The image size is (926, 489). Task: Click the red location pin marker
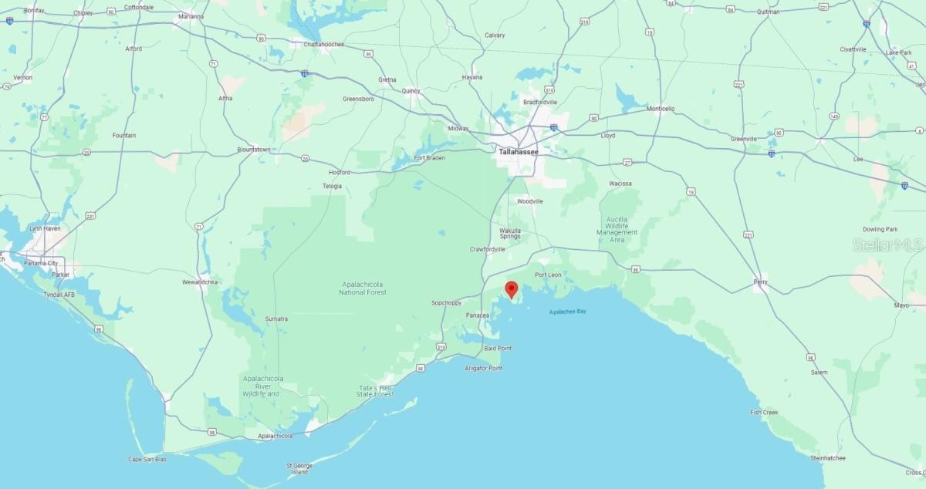pos(511,289)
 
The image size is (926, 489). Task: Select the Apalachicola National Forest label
pos(363,288)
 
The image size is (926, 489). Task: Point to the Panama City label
pos(41,263)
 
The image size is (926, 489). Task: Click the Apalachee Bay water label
pos(567,311)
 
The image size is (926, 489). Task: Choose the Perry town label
pos(761,282)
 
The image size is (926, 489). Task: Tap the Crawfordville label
pos(488,249)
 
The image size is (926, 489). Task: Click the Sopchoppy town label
pos(446,303)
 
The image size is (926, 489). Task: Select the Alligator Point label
pos(484,368)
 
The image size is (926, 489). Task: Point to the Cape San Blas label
pos(147,459)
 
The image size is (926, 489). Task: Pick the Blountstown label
pos(254,149)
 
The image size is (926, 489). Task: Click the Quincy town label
pos(411,90)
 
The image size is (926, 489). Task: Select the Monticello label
pos(661,109)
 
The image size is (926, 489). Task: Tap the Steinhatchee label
pos(828,457)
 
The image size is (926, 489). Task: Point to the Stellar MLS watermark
pos(887,245)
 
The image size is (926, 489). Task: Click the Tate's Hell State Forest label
pos(375,390)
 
